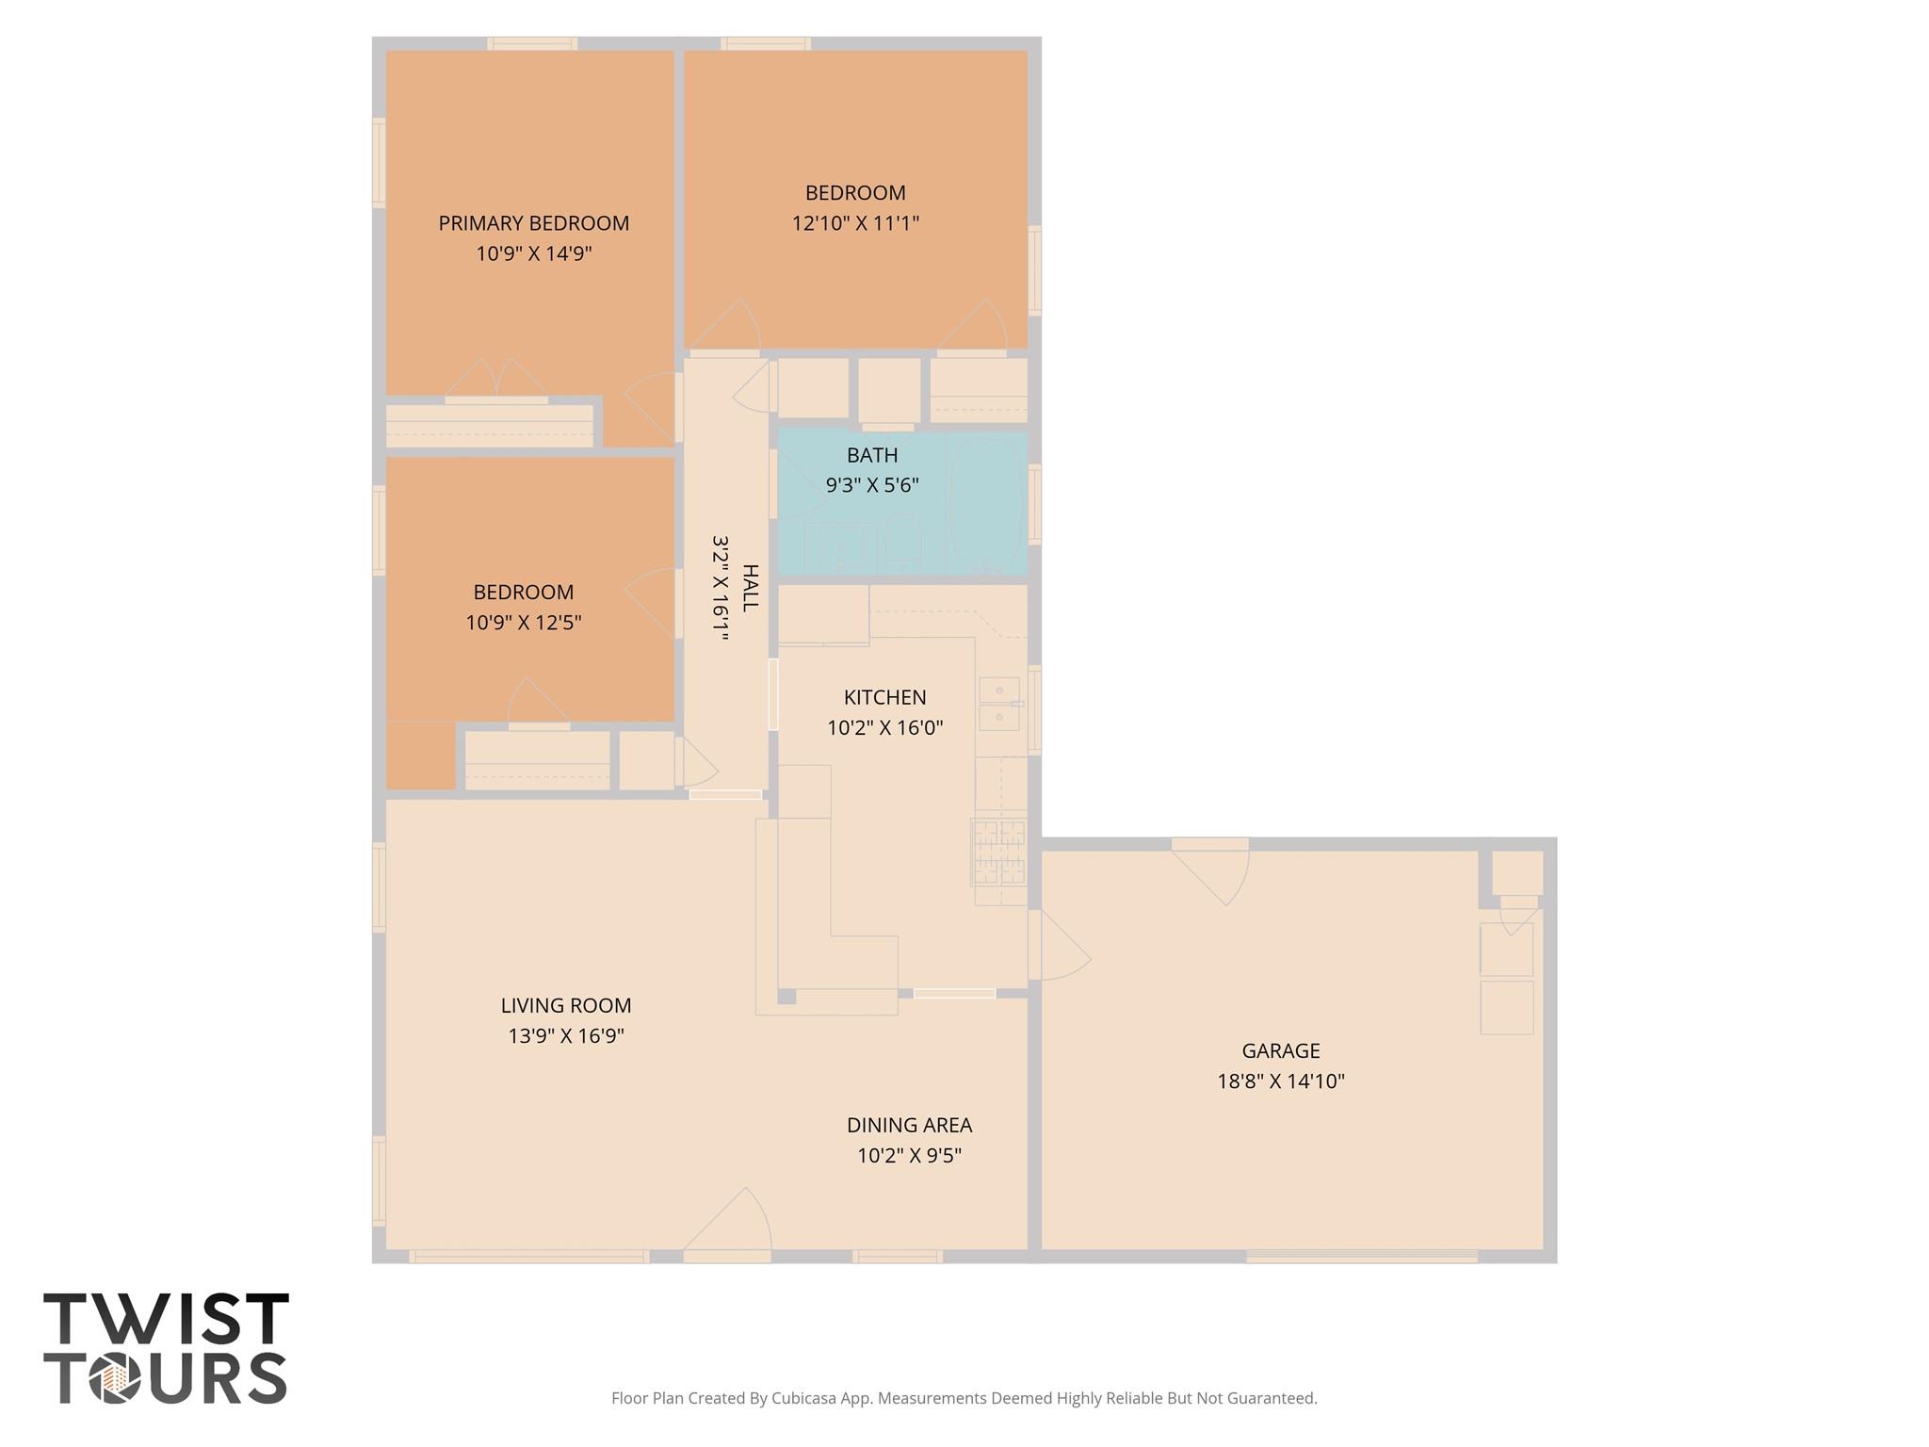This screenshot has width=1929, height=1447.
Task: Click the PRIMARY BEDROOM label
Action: pyautogui.click(x=533, y=223)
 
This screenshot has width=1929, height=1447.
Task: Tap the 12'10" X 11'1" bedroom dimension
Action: pyautogui.click(x=855, y=223)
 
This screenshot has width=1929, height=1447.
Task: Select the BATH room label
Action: pyautogui.click(x=872, y=455)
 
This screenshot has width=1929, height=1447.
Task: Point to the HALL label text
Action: pyautogui.click(x=751, y=588)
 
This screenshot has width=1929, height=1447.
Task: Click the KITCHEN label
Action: pyautogui.click(x=884, y=697)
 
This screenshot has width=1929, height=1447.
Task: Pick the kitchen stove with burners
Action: pyautogui.click(x=998, y=853)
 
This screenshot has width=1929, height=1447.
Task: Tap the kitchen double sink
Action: pyautogui.click(x=998, y=704)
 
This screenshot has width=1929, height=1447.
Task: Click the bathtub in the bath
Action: pyautogui.click(x=986, y=505)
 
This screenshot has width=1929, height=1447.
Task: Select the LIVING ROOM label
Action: pyautogui.click(x=566, y=1005)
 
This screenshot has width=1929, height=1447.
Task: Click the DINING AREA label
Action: pyautogui.click(x=909, y=1125)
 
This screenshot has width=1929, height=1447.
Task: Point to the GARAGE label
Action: pyautogui.click(x=1281, y=1050)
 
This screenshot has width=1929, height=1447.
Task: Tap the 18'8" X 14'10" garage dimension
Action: pyautogui.click(x=1281, y=1081)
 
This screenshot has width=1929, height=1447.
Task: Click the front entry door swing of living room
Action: pyautogui.click(x=727, y=1223)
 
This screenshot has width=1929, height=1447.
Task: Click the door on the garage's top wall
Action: pyautogui.click(x=1210, y=871)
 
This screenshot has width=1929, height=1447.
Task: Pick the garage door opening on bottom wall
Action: pyautogui.click(x=1362, y=1257)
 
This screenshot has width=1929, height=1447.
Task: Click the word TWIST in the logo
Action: pyautogui.click(x=166, y=1319)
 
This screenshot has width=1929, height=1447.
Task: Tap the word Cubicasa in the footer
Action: pyautogui.click(x=805, y=1398)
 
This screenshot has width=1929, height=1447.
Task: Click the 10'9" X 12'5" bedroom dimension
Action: pyautogui.click(x=524, y=623)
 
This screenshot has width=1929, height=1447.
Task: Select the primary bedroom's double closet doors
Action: pyautogui.click(x=496, y=379)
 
